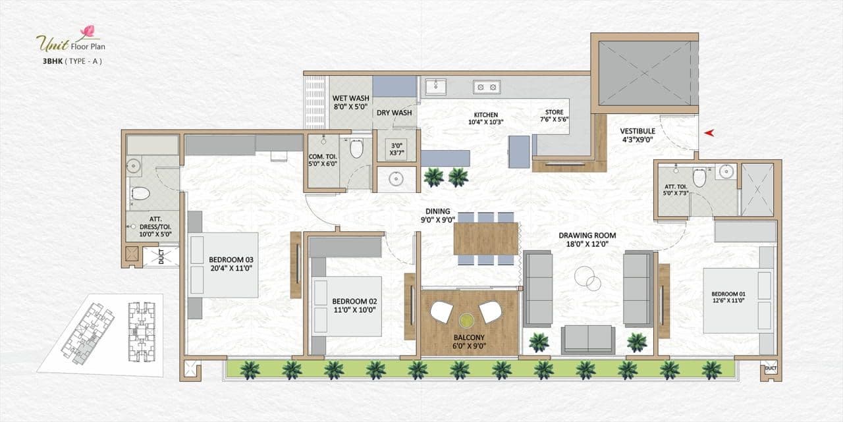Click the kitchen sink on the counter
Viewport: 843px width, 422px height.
[435, 86]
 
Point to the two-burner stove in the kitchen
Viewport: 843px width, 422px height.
[486, 86]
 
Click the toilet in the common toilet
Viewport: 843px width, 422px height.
[356, 149]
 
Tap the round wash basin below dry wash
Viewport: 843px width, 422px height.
[396, 178]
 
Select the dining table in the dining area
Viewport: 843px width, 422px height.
[486, 238]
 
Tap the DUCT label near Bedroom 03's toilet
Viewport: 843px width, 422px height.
[161, 257]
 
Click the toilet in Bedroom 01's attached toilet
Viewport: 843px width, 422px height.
[699, 177]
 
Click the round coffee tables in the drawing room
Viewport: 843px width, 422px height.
[587, 278]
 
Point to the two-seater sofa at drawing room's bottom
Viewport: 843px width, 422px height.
[587, 340]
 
